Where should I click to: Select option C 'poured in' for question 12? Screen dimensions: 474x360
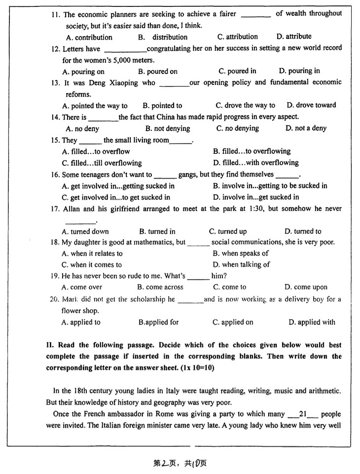pyautogui.click(x=237, y=71)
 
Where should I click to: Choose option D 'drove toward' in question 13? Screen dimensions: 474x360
pyautogui.click(x=311, y=105)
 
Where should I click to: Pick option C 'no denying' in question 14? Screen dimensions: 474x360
pyautogui.click(x=237, y=128)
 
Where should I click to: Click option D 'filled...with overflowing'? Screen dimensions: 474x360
pyautogui.click(x=255, y=163)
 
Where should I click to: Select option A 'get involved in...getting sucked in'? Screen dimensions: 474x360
pyautogui.click(x=118, y=186)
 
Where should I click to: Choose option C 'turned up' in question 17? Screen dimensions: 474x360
pyautogui.click(x=228, y=231)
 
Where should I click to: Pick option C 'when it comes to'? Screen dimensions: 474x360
pyautogui.click(x=92, y=265)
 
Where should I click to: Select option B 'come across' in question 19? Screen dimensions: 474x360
pyautogui.click(x=160, y=287)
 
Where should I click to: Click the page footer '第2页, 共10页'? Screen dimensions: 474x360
pyautogui.click(x=180, y=463)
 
